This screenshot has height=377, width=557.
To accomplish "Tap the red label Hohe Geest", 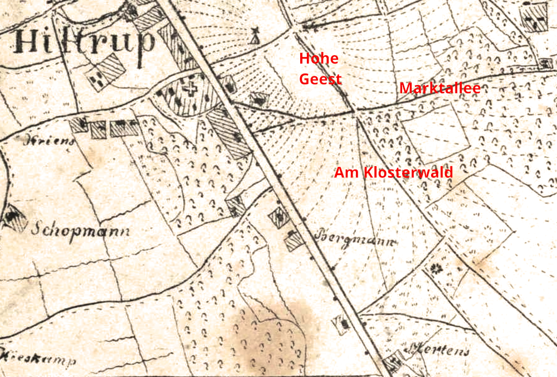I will click(x=320, y=69).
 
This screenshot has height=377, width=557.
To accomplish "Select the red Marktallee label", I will click(x=439, y=88).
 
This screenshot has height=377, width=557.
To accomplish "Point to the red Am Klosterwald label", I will click(x=393, y=172).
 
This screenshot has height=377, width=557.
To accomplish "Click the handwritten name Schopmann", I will click(x=80, y=229).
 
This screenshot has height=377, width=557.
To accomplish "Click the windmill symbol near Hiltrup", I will click(x=255, y=35).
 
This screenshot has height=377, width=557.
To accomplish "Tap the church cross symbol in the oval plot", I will click(x=192, y=89).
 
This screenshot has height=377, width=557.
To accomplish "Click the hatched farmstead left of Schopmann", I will click(x=14, y=217).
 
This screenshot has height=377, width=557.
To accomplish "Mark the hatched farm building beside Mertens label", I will click(x=394, y=363).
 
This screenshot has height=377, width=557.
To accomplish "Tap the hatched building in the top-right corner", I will click(x=535, y=18).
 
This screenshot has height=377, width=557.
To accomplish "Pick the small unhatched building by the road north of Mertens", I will click(x=341, y=323).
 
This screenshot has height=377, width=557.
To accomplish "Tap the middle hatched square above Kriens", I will click(x=99, y=129).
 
